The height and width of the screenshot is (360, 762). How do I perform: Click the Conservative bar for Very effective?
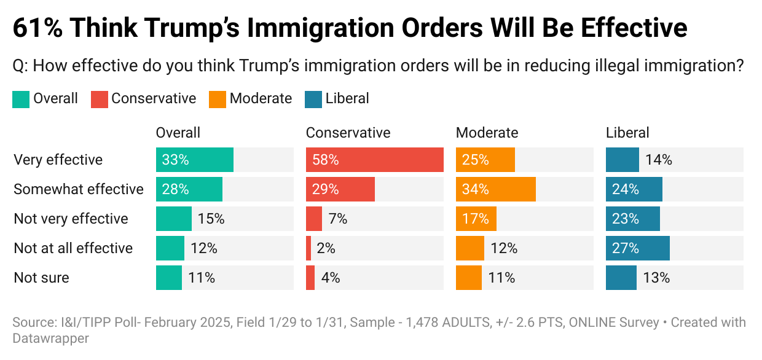[374, 160]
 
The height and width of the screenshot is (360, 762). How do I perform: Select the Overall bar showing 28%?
[189, 189]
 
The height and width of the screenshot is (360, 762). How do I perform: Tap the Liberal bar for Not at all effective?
[637, 248]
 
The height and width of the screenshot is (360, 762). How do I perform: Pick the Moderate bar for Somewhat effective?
[495, 189]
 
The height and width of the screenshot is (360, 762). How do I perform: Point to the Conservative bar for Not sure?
[310, 278]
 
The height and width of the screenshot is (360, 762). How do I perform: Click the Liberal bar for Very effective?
[622, 160]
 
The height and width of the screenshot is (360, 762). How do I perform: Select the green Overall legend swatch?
[20, 99]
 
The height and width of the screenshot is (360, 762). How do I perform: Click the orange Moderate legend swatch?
[218, 99]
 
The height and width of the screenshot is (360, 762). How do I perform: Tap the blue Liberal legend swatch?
[313, 99]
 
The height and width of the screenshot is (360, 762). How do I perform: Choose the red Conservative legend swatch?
[100, 99]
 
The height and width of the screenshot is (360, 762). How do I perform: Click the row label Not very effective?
[71, 219]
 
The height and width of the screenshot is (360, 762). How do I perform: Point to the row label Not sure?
[41, 278]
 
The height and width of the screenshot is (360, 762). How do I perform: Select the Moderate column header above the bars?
[487, 133]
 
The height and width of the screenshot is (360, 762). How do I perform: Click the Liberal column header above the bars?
[627, 133]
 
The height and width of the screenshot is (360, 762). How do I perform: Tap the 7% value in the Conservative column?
[337, 219]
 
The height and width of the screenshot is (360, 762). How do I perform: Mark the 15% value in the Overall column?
[211, 219]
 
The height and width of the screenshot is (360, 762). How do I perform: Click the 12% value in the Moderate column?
[504, 248]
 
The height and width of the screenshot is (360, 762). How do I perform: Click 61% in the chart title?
[38, 28]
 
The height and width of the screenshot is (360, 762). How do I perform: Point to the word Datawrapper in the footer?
[51, 338]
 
